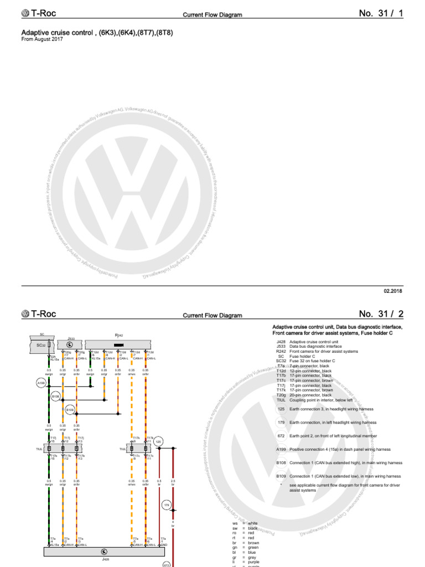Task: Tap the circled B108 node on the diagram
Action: [x=56, y=396]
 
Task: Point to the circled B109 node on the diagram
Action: [x=70, y=410]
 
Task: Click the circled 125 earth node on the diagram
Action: [x=158, y=441]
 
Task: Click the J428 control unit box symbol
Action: [x=104, y=551]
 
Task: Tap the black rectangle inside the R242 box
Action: [x=118, y=344]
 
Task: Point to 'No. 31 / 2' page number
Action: [x=381, y=314]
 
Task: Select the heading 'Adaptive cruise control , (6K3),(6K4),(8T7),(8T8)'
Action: [x=97, y=33]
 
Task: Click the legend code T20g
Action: [x=281, y=395]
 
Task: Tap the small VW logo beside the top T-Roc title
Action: [x=25, y=14]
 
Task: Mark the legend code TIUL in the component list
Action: [x=280, y=399]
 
